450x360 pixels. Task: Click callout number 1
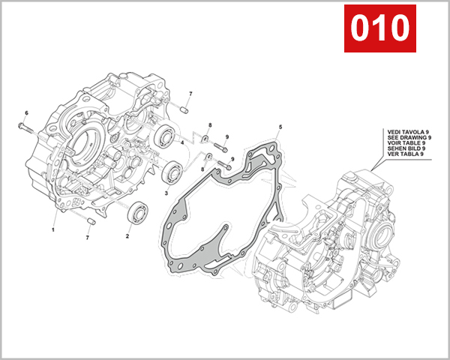coord(53,229)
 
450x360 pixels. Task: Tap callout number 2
coord(127,235)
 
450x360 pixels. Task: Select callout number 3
coord(166,192)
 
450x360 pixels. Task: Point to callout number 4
coord(181,142)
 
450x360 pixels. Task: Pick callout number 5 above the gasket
coord(280,127)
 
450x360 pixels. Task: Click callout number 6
coord(26,113)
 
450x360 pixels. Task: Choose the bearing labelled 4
coord(166,139)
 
